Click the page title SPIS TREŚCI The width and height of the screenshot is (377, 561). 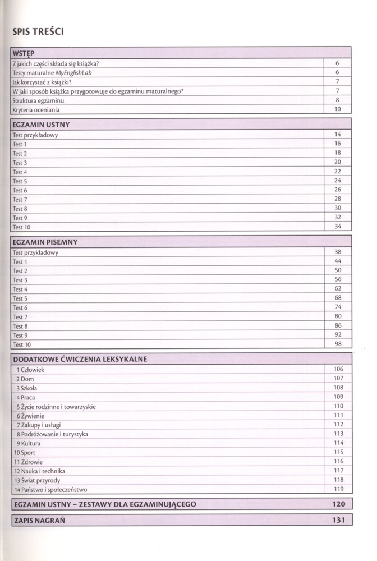(38, 31)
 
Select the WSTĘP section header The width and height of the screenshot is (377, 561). (24, 53)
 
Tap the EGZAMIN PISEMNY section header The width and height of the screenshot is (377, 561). (44, 242)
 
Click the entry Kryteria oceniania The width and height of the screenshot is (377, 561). (36, 110)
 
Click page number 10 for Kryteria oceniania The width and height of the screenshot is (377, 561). (338, 110)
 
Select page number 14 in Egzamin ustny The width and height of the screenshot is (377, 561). (338, 135)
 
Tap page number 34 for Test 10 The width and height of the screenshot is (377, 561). (338, 227)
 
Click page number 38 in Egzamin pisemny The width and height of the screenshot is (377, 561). (338, 252)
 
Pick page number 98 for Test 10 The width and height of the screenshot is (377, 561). (338, 344)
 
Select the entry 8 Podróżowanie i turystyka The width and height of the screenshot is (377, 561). (52, 434)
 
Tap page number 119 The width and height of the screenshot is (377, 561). (338, 489)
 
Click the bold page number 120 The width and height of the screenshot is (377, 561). (339, 504)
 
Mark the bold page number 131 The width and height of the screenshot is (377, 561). (339, 520)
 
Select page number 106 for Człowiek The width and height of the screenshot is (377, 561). (338, 369)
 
